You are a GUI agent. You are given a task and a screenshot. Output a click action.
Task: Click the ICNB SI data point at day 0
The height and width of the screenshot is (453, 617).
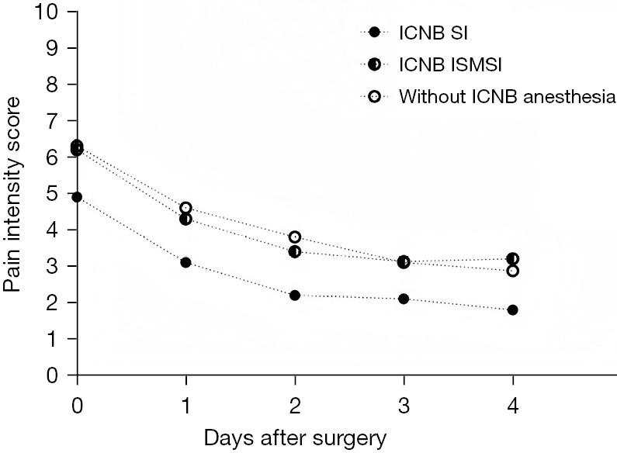77,197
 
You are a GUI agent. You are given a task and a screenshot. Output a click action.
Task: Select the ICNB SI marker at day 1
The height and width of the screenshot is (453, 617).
185,262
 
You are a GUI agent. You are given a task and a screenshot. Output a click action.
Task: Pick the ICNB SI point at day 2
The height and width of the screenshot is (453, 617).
295,296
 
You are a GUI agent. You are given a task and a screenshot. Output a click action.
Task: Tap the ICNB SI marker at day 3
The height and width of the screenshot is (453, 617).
404,299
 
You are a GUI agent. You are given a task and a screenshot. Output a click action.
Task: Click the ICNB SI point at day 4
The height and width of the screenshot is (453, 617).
513,309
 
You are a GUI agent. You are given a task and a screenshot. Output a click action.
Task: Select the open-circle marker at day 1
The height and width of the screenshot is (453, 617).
185,208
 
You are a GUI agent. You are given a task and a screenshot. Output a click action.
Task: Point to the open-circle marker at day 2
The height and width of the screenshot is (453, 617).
295,237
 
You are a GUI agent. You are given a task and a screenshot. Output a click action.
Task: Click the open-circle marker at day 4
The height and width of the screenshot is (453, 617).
513,271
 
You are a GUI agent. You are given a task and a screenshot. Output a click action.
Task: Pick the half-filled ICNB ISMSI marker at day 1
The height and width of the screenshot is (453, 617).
185,219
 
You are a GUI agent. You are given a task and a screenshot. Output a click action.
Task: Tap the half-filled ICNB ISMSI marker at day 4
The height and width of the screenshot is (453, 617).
513,258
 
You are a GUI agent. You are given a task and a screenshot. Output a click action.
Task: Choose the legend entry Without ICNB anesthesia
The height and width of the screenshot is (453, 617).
507,97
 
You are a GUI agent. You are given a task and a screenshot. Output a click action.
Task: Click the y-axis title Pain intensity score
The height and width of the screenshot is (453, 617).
12,193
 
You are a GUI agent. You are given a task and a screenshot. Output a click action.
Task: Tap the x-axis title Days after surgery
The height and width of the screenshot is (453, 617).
295,438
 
